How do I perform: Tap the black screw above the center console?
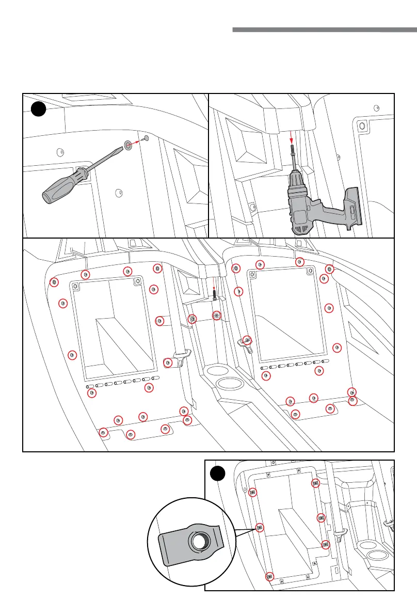coord(214,296)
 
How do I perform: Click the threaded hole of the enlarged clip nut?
coord(199,541)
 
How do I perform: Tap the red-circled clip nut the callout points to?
coord(260,527)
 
